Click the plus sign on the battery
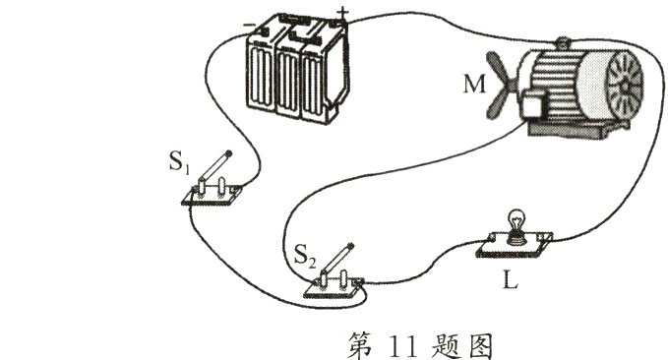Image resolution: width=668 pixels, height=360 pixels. pyautogui.click(x=342, y=13)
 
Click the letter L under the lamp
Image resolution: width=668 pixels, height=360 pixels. pyautogui.click(x=508, y=280)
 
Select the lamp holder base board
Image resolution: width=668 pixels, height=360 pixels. pyautogui.click(x=513, y=244)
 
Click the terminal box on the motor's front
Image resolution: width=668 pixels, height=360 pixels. pyautogui.click(x=537, y=105)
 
